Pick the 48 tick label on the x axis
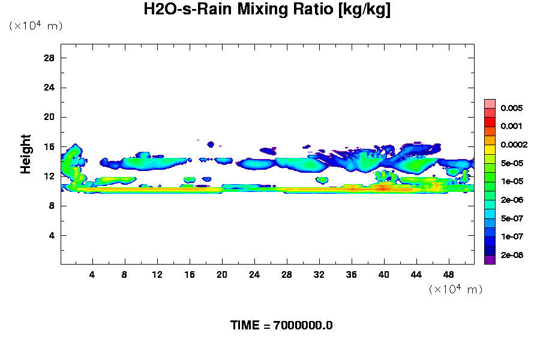[448, 275]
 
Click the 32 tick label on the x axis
[319, 275]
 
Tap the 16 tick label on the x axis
[190, 275]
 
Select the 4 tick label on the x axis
[92, 275]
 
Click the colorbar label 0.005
[512, 109]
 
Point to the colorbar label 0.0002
[514, 145]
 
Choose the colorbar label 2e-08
[512, 255]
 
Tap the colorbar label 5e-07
[512, 218]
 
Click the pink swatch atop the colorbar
[490, 103]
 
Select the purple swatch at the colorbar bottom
[490, 259]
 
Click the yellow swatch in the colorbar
[490, 149]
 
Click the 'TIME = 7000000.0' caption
[281, 326]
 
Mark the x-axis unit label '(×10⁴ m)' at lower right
[455, 289]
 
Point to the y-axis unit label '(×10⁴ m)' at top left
[35, 26]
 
